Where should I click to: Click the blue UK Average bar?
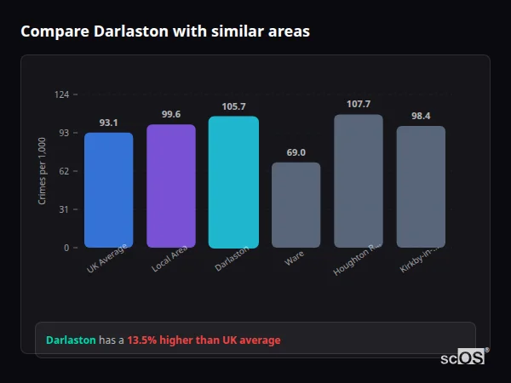[108, 190]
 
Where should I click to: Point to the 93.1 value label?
[108, 123]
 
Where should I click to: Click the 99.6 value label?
[170, 115]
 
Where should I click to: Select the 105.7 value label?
[233, 106]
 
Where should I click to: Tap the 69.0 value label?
[296, 152]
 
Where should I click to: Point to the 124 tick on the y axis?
[61, 94]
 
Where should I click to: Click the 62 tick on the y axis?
[64, 171]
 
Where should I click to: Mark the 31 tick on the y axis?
[64, 209]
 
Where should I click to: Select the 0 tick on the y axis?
[66, 248]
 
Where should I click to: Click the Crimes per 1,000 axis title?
[43, 171]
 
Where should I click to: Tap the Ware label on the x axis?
[295, 259]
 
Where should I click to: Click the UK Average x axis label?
[107, 259]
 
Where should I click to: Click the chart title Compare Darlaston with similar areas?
[165, 31]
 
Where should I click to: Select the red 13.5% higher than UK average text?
[204, 340]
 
